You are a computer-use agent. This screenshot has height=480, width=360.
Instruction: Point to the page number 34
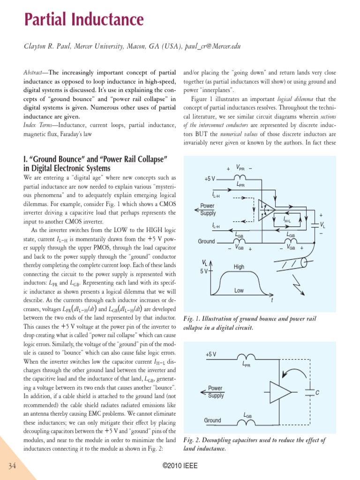pyautogui.click(x=12, y=465)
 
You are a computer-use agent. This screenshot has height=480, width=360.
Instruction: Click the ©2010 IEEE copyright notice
pyautogui.click(x=180, y=466)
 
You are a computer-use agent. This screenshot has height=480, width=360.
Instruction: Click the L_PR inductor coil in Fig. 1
pyautogui.click(x=240, y=178)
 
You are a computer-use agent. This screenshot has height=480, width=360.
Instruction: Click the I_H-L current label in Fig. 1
pyautogui.click(x=287, y=220)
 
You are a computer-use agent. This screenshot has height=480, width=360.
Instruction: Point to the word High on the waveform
pyautogui.click(x=239, y=267)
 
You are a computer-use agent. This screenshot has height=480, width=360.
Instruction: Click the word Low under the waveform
pyautogui.click(x=239, y=291)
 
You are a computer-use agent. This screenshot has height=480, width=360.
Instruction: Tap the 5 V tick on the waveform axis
pyautogui.click(x=205, y=271)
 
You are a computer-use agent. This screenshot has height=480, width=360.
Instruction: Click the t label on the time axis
pyautogui.click(x=272, y=300)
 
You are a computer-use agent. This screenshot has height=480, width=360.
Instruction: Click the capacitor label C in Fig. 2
pyautogui.click(x=317, y=392)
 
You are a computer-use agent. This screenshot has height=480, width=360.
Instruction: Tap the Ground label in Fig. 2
pyautogui.click(x=212, y=420)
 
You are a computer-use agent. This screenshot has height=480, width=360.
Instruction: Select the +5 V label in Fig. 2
pyautogui.click(x=210, y=354)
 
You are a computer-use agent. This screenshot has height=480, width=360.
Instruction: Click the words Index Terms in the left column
pyautogui.click(x=37, y=125)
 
